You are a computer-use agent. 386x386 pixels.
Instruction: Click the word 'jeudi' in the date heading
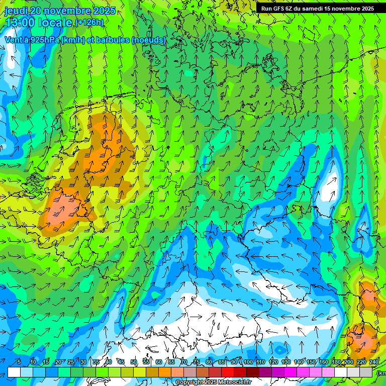point(16,11)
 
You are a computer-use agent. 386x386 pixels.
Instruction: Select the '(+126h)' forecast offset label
point(89,23)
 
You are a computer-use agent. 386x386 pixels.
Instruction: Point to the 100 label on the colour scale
point(248,362)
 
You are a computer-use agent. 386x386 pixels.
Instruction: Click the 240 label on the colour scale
point(373,362)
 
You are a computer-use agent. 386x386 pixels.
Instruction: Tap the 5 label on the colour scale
point(19,362)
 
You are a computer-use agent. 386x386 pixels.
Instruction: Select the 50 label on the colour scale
point(134,362)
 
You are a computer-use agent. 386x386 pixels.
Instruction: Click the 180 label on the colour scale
point(336,362)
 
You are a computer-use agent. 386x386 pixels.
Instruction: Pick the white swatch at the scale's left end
point(14,372)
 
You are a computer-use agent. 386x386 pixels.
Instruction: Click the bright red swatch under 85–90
point(228,372)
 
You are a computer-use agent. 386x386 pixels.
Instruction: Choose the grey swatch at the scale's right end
point(366,372)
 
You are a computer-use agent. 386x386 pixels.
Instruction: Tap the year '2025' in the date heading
point(103,11)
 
